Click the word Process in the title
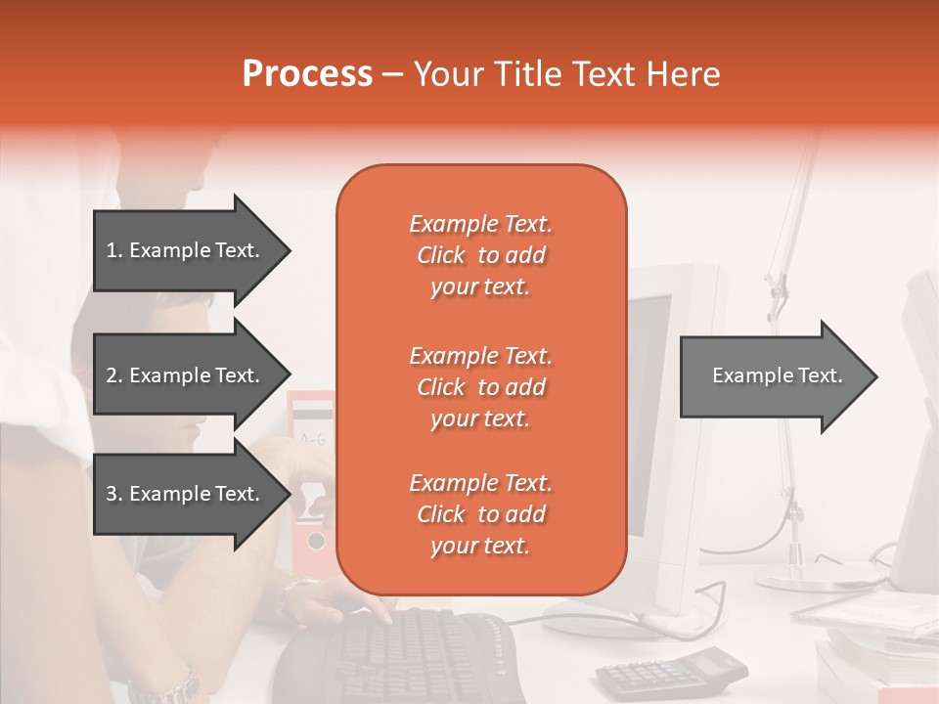[307, 73]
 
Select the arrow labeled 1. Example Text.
[193, 250]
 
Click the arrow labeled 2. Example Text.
[193, 374]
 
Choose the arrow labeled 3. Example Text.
[193, 493]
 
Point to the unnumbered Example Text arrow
[780, 375]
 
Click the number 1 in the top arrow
[112, 251]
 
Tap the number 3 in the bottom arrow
[112, 494]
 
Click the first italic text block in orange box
[481, 255]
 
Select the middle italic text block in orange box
[481, 387]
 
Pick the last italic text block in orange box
[481, 513]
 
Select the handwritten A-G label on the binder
[313, 440]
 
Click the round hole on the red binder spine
[316, 541]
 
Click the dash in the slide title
[391, 75]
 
